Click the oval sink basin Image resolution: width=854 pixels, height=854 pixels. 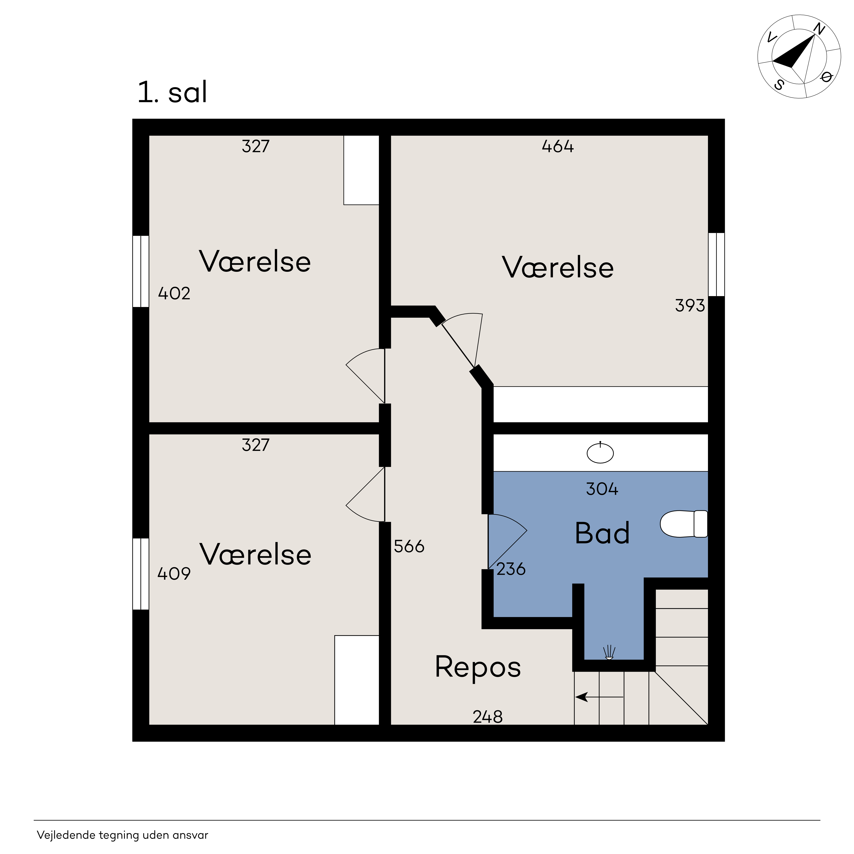(600, 453)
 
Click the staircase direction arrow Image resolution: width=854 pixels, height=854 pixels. (599, 697)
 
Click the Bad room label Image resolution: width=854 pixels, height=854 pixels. (602, 533)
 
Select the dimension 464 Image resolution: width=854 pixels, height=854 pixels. (558, 146)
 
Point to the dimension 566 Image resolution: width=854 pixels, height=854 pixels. (409, 547)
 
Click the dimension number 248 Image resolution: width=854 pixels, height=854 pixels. (488, 717)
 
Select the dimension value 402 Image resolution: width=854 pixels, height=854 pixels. (174, 294)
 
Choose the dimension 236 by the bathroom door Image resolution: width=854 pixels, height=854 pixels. (511, 569)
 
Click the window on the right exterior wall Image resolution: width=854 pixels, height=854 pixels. (716, 264)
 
